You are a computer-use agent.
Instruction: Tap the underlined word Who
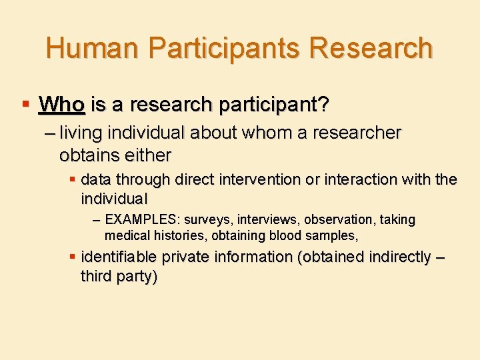[61, 105]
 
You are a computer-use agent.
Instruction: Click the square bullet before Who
[25, 105]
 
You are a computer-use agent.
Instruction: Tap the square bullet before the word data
[73, 179]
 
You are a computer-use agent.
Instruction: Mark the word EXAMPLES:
[143, 219]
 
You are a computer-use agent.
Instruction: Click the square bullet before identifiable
[73, 257]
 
